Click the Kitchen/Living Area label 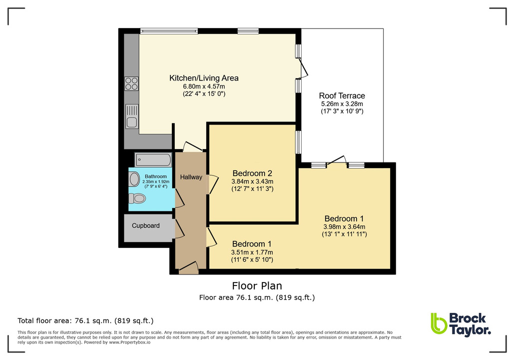[x=204, y=78]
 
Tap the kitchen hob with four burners [x=131, y=83]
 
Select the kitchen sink [x=132, y=115]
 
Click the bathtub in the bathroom [x=153, y=160]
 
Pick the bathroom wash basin [x=134, y=179]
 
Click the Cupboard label [x=146, y=225]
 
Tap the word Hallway [x=191, y=177]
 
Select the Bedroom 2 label [x=252, y=173]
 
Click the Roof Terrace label [x=342, y=96]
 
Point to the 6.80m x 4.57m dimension [x=204, y=86]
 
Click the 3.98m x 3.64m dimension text [x=344, y=226]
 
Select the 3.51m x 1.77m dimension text [x=252, y=252]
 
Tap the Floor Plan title [x=257, y=286]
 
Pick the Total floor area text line [x=85, y=320]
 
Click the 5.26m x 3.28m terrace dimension [x=342, y=104]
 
